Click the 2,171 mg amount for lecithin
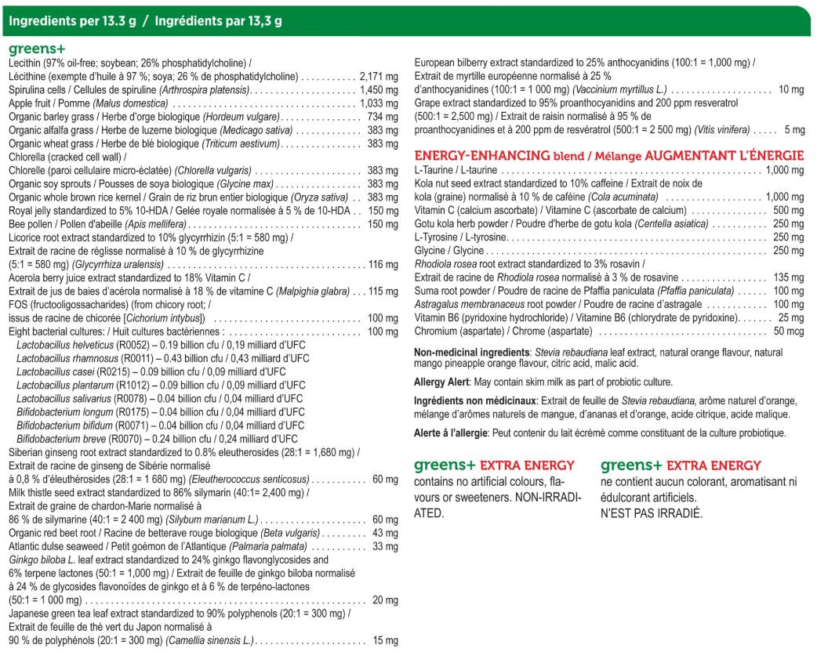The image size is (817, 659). tap(379, 77)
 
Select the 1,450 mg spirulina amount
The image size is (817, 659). tap(379, 90)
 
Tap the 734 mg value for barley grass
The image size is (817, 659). tap(383, 117)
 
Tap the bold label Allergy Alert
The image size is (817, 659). tap(441, 382)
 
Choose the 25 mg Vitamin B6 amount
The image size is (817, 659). tap(790, 317)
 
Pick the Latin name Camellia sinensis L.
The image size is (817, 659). tap(209, 641)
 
